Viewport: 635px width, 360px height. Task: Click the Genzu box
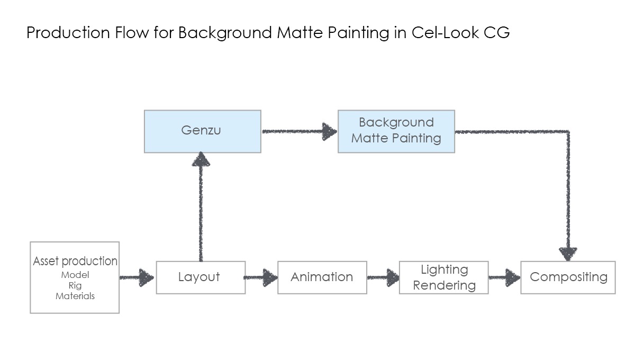[202, 131]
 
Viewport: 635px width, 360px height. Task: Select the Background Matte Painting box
[396, 131]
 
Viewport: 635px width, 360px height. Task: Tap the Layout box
[201, 277]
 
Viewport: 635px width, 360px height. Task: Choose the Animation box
[322, 277]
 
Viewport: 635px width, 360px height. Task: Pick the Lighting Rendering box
[443, 277]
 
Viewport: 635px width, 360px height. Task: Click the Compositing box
[568, 277]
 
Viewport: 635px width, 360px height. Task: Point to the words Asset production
[75, 262]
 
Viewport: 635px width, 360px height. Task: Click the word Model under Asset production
[75, 275]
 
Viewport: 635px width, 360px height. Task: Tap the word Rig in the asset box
[75, 285]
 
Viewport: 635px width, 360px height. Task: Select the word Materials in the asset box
[75, 296]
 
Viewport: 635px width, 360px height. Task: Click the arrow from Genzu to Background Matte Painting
[300, 131]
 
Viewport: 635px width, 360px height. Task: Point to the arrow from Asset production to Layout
[137, 277]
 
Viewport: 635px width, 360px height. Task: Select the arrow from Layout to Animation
[260, 277]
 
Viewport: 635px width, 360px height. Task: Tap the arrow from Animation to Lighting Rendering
[383, 277]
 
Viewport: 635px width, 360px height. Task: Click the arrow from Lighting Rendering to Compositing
[505, 277]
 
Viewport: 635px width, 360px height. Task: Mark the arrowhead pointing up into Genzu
[201, 159]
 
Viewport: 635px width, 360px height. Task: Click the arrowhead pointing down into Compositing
[568, 254]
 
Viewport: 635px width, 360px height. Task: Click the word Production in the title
[68, 32]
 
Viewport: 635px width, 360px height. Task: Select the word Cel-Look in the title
[445, 32]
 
